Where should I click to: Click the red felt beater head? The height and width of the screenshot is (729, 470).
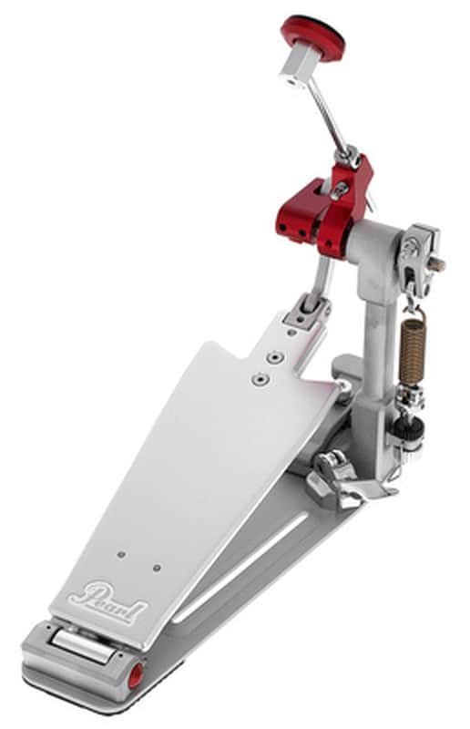pyautogui.click(x=313, y=35)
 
